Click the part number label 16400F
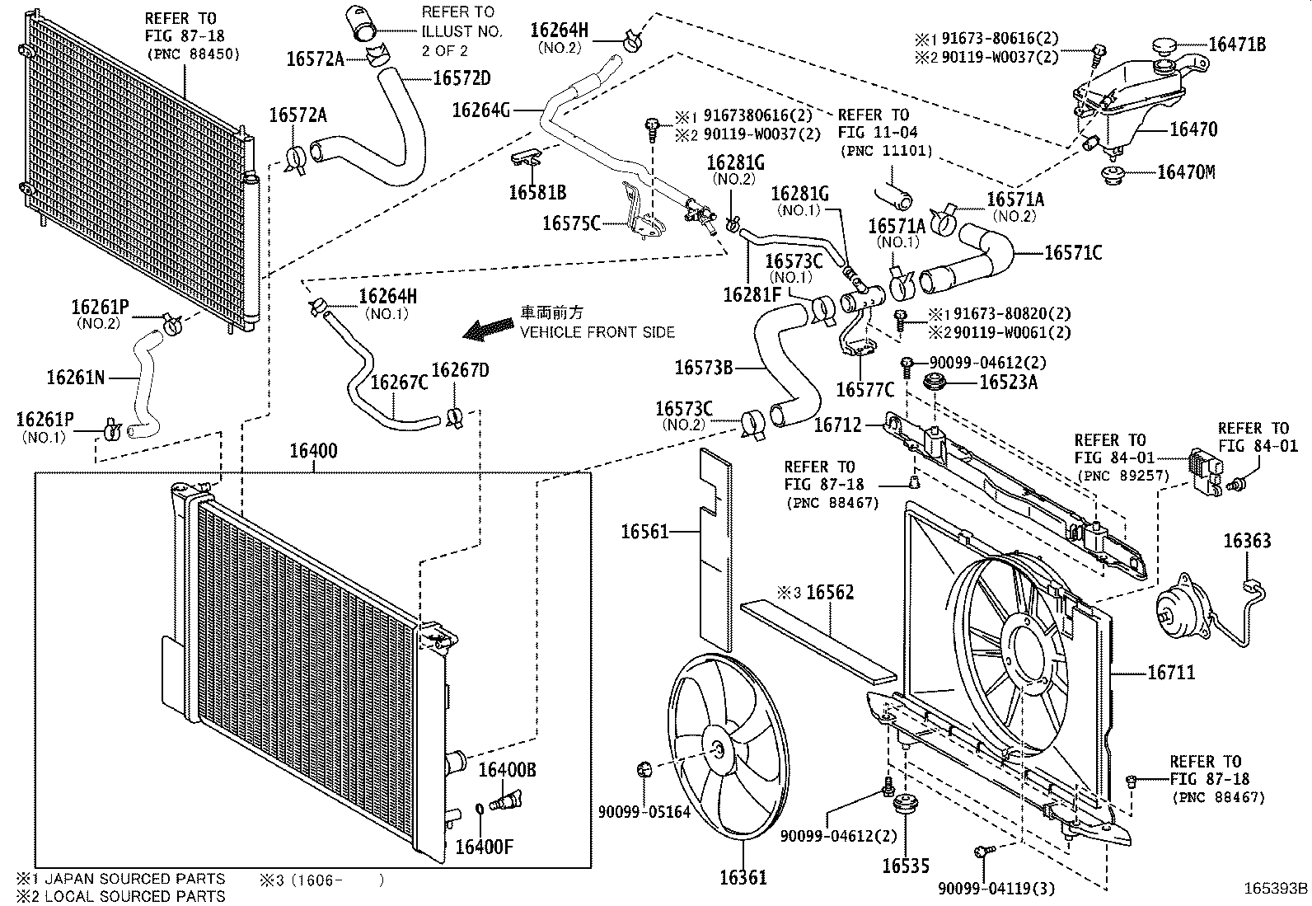[x=485, y=847]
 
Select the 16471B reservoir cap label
[x=1237, y=45]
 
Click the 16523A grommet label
[x=1008, y=383]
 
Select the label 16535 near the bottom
[x=906, y=866]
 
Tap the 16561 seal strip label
[x=644, y=533]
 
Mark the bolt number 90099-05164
[x=644, y=812]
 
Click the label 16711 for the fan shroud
[x=1171, y=674]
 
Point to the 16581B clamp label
[x=537, y=193]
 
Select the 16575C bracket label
[x=571, y=223]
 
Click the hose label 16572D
[x=462, y=79]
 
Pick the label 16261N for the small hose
[x=76, y=378]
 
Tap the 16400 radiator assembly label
[x=313, y=452]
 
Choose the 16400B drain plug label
[x=508, y=770]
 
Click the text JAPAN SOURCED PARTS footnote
[x=134, y=879]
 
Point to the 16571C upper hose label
[x=1073, y=253]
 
